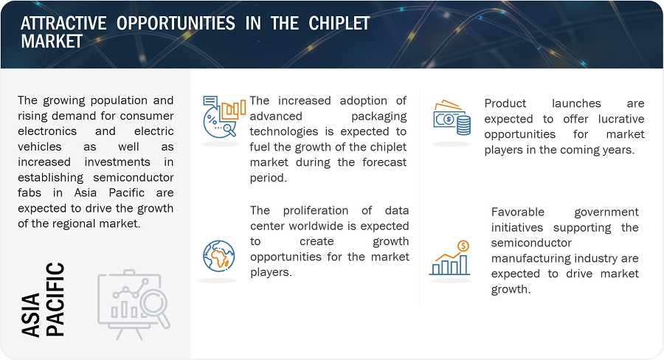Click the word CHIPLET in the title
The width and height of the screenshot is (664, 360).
pyautogui.click(x=339, y=24)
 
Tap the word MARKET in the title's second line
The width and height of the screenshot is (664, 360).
pyautogui.click(x=52, y=41)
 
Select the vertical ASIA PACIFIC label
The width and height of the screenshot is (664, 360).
pyautogui.click(x=43, y=300)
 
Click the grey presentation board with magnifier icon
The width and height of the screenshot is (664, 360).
pyautogui.click(x=134, y=305)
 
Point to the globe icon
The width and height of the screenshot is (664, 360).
pyautogui.click(x=218, y=256)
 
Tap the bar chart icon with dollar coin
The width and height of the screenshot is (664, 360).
pyautogui.click(x=450, y=258)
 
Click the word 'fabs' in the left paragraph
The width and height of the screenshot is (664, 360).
pyautogui.click(x=30, y=193)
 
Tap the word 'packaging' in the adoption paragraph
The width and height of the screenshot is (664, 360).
pyautogui.click(x=379, y=116)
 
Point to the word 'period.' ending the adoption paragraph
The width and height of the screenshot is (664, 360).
pyautogui.click(x=268, y=178)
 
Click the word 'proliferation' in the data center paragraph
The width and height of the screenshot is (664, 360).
pyautogui.click(x=316, y=210)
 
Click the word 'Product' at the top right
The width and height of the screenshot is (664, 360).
pyautogui.click(x=505, y=103)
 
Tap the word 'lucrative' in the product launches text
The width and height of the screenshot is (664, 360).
pyautogui.click(x=621, y=119)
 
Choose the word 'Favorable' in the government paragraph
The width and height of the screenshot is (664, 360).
pyautogui.click(x=517, y=212)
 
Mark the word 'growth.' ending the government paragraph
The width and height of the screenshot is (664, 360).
pyautogui.click(x=511, y=289)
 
